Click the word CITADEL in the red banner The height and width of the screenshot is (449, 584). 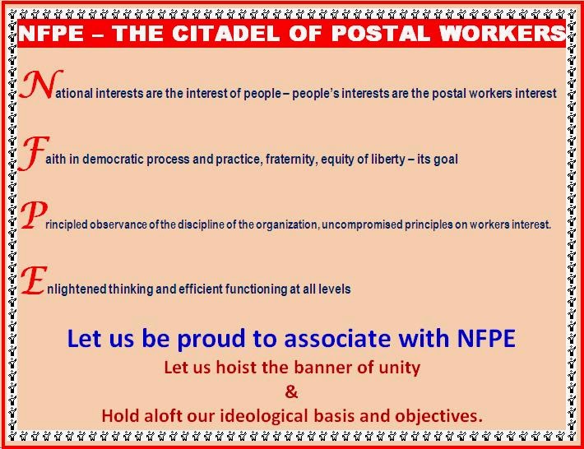coord(225,33)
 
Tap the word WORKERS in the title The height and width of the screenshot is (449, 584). coord(503,33)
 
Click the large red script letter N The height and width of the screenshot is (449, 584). coord(40,84)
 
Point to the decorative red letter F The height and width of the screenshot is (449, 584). coord(34,153)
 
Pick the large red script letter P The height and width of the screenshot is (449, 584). coord(34,215)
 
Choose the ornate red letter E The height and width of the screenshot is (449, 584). coord(34,280)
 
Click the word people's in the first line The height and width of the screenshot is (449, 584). coord(316,94)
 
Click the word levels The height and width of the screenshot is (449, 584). coord(335,289)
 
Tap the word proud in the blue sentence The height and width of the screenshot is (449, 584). coord(211,339)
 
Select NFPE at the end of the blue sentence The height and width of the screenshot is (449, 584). coord(486,338)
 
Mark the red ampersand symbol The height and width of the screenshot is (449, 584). coord(291,391)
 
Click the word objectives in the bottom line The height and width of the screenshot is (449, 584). coord(438,416)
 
